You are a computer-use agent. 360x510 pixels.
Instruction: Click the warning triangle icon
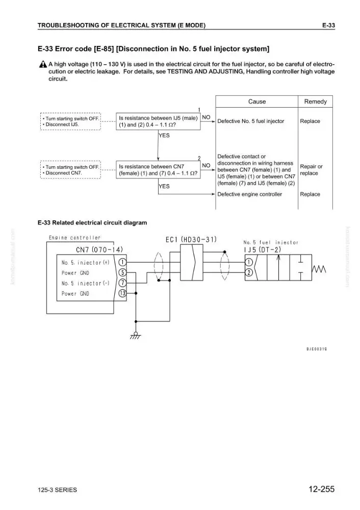43,64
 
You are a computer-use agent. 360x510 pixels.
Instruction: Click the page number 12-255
321,489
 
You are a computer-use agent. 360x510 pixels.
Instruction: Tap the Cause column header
257,101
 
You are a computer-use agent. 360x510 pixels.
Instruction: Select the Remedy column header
316,101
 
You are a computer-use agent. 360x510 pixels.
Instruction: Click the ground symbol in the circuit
136,336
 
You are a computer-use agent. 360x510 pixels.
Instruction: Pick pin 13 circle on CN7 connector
122,293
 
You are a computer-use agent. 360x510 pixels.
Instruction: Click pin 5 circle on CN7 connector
122,272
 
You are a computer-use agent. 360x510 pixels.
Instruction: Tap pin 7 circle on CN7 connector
122,283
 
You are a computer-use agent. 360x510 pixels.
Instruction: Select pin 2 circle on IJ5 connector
249,272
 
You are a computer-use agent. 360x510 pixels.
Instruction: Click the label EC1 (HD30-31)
191,240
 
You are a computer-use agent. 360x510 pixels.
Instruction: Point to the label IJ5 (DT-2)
262,250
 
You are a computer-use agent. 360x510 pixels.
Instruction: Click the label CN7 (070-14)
99,250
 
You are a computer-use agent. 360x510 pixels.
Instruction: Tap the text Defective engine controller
249,194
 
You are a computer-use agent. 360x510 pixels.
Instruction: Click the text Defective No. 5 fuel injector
250,121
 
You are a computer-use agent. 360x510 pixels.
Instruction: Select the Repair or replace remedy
311,170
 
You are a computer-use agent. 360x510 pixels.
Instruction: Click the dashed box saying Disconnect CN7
70,170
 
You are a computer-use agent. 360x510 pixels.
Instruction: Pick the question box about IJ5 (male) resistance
158,121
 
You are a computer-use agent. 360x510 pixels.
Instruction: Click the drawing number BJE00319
317,349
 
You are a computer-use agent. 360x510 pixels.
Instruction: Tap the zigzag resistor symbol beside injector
319,269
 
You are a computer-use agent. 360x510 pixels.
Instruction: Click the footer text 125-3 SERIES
57,490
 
